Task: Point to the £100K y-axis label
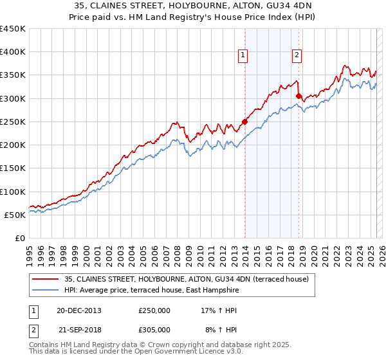tap(13, 192)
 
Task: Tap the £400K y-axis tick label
tap(13, 52)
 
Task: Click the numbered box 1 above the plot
tap(244, 56)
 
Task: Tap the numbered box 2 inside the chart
tap(297, 56)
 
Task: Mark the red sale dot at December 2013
tap(245, 122)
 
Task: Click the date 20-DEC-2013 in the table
tap(79, 310)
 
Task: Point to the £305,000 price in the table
tap(154, 330)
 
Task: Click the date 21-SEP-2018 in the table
tap(80, 330)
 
